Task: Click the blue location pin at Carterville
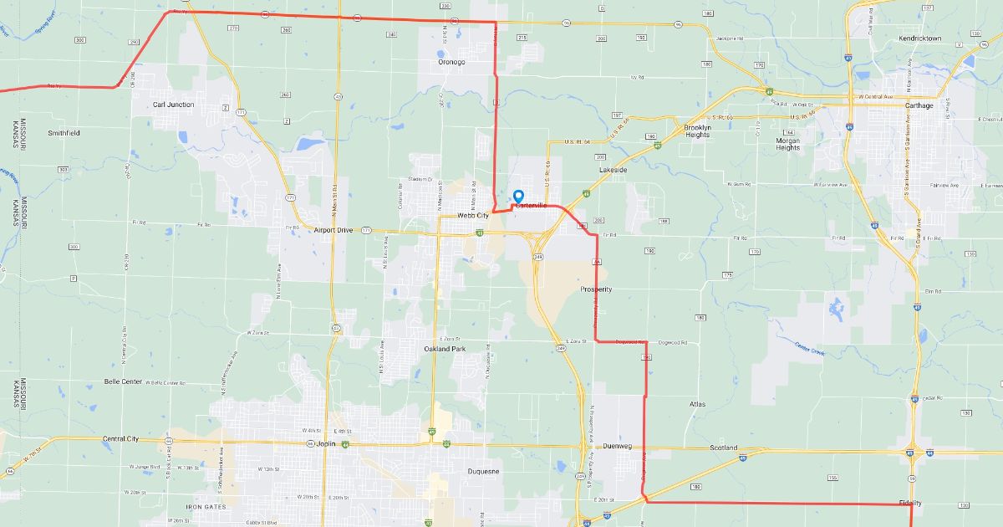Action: (x=518, y=196)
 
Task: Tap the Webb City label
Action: (x=472, y=216)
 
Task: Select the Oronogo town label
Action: (x=451, y=62)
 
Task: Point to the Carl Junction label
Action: (x=174, y=105)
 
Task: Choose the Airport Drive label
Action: (x=333, y=230)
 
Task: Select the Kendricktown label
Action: (x=919, y=38)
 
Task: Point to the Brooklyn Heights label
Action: (x=697, y=130)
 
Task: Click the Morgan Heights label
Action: (x=787, y=144)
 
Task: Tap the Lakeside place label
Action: (x=613, y=170)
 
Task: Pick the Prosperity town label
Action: (x=596, y=289)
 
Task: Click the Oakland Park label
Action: (x=444, y=348)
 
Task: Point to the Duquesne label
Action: (x=482, y=472)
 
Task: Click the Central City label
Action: (x=120, y=438)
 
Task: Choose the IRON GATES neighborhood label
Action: (x=206, y=507)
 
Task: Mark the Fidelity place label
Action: (x=910, y=503)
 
